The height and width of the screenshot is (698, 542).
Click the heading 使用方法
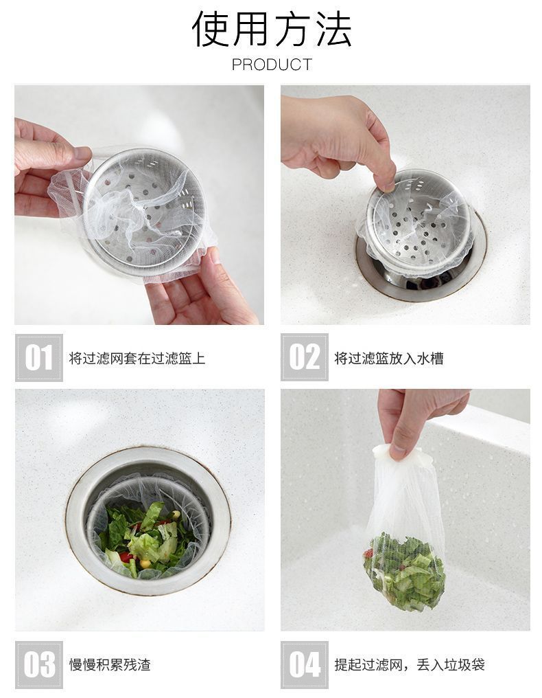272,30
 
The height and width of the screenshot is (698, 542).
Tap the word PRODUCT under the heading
272,65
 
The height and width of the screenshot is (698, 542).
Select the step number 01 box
39,357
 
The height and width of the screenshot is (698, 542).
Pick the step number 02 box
305,357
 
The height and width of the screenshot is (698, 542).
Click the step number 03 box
39,664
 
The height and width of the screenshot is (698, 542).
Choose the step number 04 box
305,664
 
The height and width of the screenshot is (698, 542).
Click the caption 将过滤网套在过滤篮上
137,359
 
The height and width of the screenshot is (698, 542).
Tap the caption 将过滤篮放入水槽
389,359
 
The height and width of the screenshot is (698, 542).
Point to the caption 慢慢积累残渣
110,665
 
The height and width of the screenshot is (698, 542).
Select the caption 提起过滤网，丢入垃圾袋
410,665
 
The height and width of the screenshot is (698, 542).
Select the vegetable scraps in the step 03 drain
147,539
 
